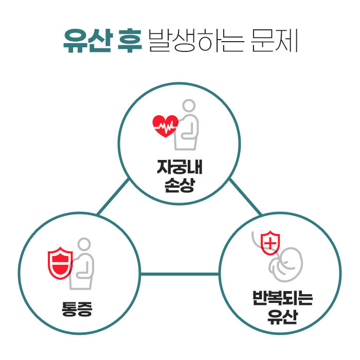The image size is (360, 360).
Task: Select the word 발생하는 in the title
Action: [x=197, y=41]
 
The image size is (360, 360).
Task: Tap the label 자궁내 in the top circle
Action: [x=179, y=168]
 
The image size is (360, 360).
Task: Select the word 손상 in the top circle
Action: [x=179, y=185]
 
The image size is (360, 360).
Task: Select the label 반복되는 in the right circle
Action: [x=282, y=298]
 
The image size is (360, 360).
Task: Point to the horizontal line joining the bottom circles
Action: [x=179, y=274]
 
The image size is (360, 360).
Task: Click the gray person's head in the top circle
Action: [x=189, y=106]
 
